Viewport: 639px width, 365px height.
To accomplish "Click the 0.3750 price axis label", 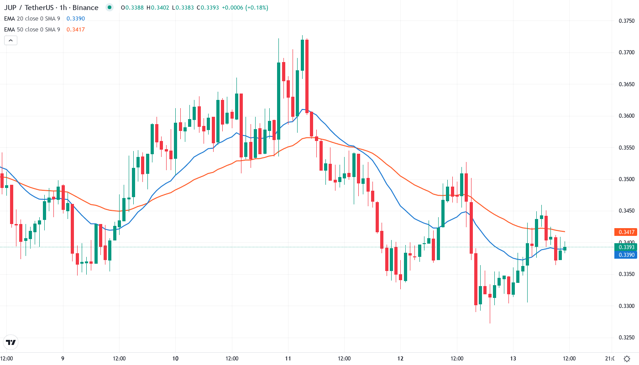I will click(626, 21).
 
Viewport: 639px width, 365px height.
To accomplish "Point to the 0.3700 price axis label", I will click(626, 52).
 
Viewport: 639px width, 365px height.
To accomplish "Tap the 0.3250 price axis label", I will click(626, 338).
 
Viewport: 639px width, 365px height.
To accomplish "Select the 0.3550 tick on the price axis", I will click(626, 148).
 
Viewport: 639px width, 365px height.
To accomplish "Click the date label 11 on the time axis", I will click(288, 358).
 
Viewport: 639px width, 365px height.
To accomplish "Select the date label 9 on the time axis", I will click(63, 358).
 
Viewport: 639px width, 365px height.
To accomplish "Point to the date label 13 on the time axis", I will click(513, 358).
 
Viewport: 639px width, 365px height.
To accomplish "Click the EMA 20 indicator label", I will click(32, 18).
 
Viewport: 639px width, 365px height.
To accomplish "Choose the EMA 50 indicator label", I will click(32, 30).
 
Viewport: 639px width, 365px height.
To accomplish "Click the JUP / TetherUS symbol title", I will click(51, 8).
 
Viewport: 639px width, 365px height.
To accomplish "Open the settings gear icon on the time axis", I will click(627, 358).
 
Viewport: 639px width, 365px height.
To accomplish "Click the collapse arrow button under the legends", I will click(10, 41).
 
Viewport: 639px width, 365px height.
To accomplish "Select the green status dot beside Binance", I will click(109, 8).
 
